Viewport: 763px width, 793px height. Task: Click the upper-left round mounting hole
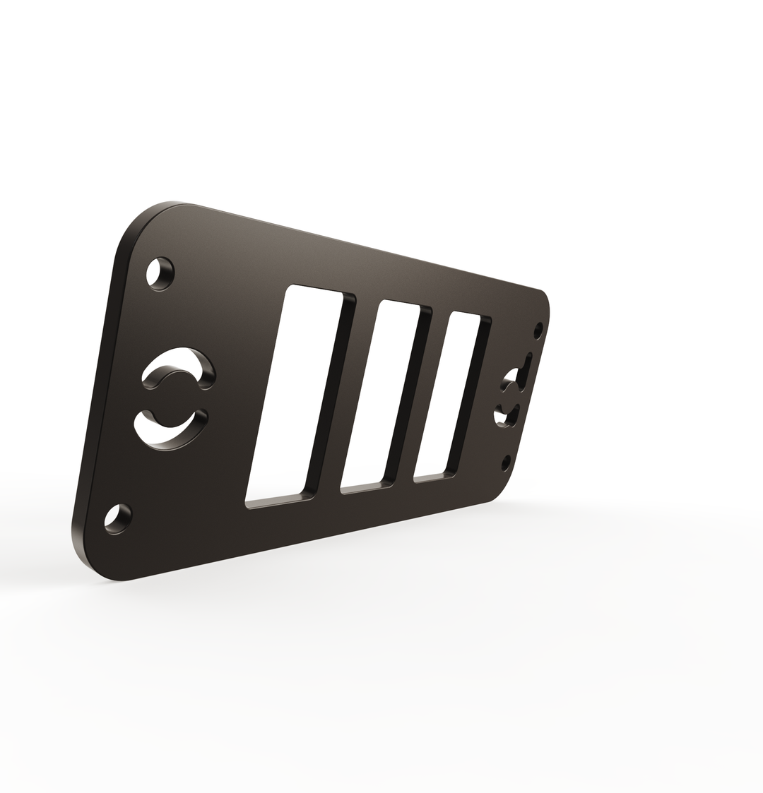[x=160, y=273]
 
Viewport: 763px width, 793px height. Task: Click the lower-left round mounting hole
[x=118, y=519]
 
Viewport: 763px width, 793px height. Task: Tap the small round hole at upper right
[x=538, y=330]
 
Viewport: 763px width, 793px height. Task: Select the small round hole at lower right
[x=506, y=463]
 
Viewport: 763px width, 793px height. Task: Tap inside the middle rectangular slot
[x=381, y=392]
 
